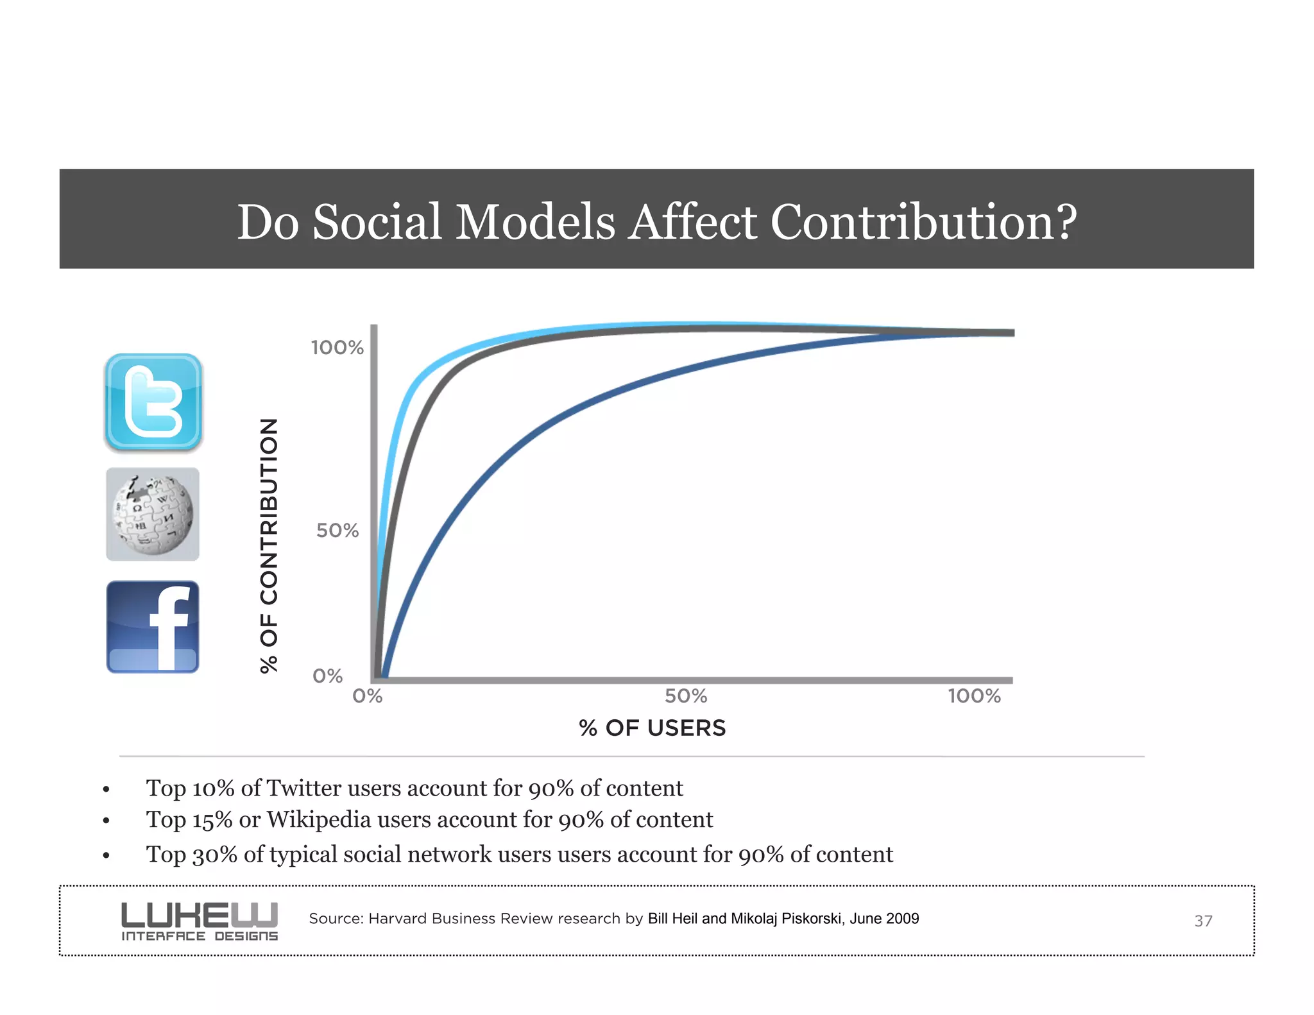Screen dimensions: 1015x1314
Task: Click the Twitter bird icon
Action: point(153,402)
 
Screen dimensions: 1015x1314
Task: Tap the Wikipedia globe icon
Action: point(153,515)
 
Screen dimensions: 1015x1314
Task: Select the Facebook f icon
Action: point(153,627)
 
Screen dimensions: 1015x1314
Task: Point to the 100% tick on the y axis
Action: point(337,348)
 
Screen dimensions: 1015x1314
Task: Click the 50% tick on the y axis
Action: point(337,531)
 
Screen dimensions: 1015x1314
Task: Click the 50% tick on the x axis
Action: point(686,696)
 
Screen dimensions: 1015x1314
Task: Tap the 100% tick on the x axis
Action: point(974,696)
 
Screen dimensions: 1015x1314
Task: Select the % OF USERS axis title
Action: point(652,728)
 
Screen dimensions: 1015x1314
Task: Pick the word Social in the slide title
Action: point(377,222)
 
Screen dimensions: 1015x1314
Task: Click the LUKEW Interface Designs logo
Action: point(200,921)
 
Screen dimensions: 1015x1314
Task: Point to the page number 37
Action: point(1203,921)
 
